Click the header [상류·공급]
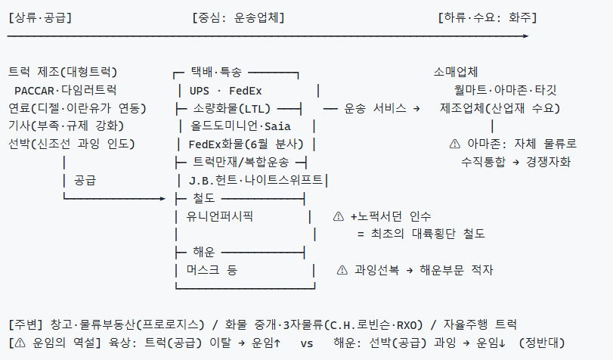click(40, 17)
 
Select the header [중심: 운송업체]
click(239, 17)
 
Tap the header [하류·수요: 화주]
click(488, 17)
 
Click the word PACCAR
click(34, 91)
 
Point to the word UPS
click(200, 91)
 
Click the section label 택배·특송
click(216, 72)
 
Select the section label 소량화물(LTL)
click(232, 108)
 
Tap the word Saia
click(277, 126)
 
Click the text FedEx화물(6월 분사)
click(246, 144)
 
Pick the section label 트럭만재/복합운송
click(241, 162)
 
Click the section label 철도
click(203, 198)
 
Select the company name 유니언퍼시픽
click(220, 216)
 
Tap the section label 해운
click(203, 252)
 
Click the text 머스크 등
click(212, 270)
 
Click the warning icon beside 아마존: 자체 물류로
click(455, 144)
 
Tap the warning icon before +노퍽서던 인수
click(338, 216)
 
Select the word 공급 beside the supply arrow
click(85, 181)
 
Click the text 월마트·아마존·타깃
click(505, 91)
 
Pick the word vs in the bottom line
click(307, 343)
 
